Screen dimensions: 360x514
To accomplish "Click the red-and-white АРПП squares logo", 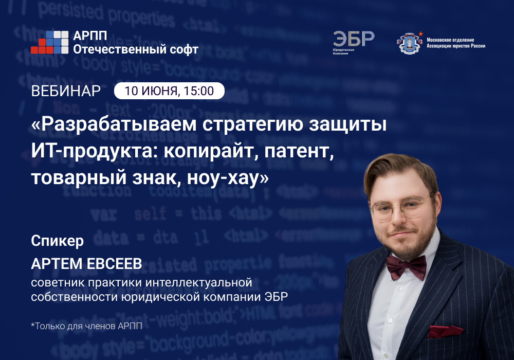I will (49, 43).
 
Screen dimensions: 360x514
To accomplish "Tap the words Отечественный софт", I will (136, 49).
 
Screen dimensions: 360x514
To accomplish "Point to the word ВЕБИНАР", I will (66, 91).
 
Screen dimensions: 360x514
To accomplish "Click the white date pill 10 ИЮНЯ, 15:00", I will (169, 91).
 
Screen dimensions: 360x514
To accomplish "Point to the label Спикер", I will (57, 241).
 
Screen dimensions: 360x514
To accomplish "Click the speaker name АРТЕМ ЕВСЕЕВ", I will (86, 264).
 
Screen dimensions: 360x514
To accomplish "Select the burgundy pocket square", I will (445, 331).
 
